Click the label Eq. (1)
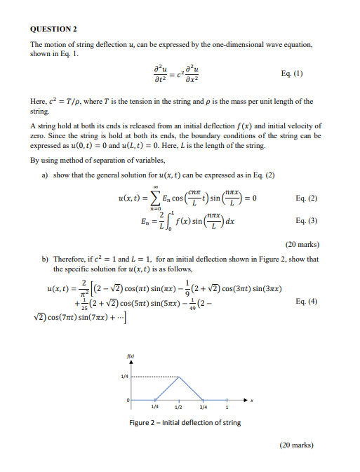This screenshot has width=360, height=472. coord(292,74)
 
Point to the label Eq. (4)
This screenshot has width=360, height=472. coord(307,302)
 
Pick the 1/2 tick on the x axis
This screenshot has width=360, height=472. coord(179,407)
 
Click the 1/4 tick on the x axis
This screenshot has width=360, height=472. coord(154,407)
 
